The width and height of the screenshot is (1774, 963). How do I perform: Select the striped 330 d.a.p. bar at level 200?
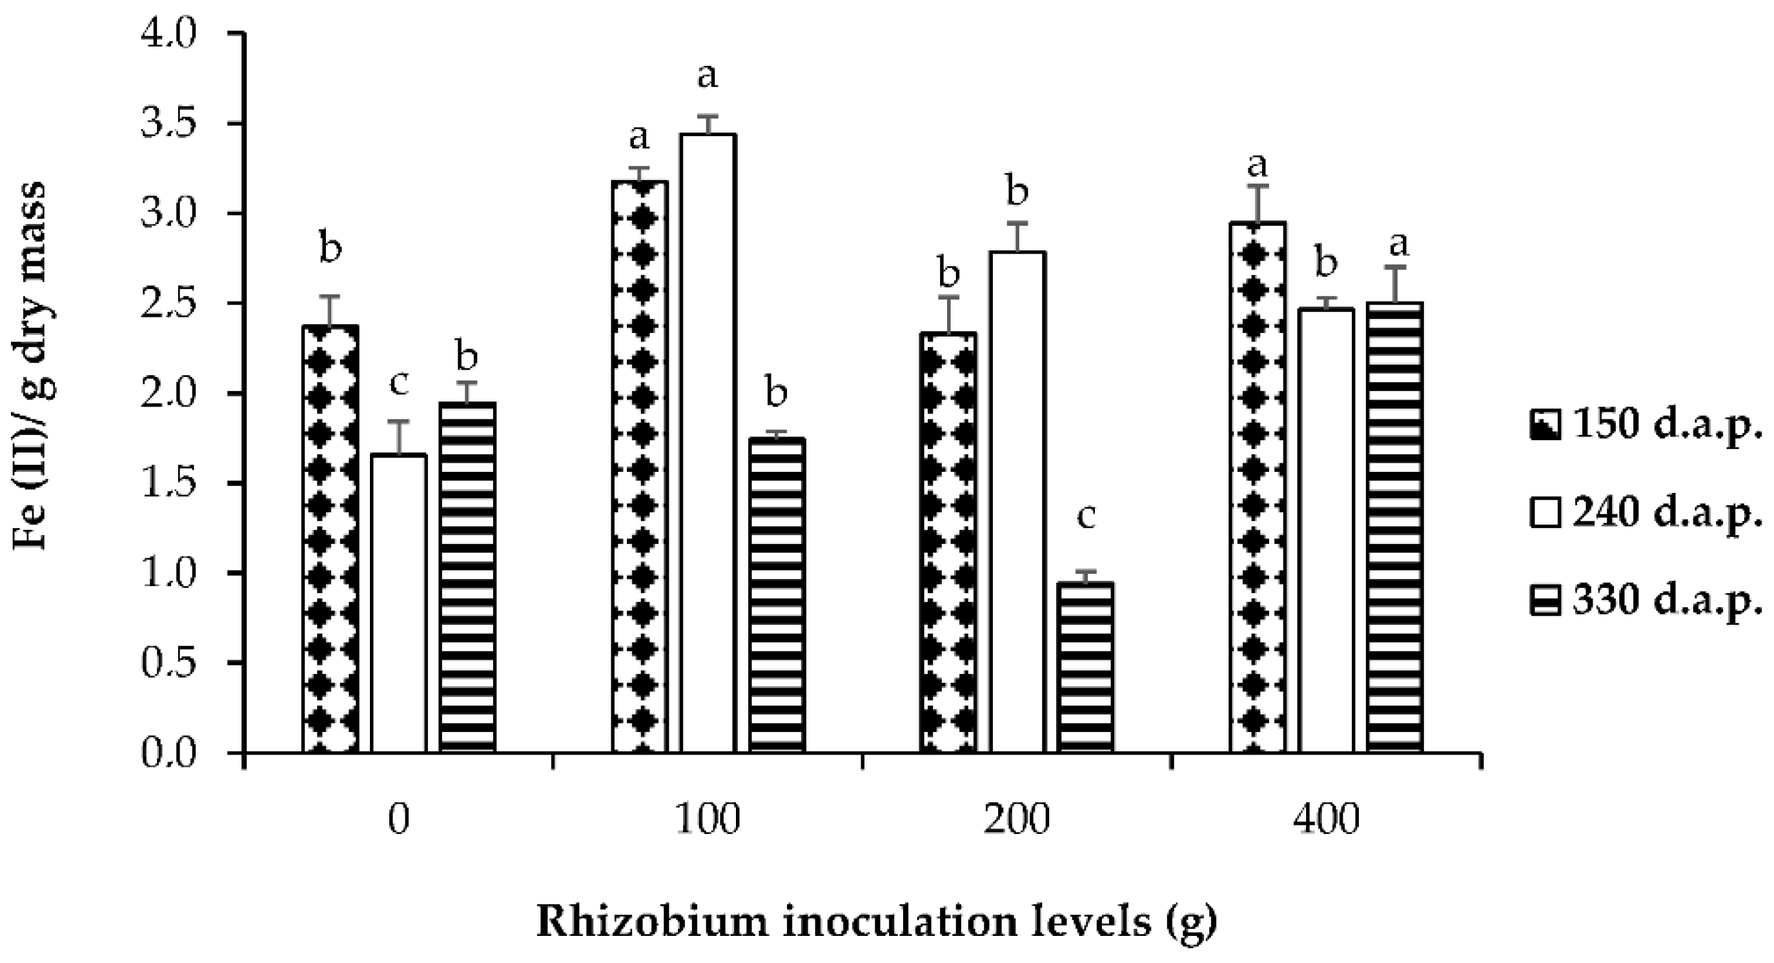(x=1085, y=667)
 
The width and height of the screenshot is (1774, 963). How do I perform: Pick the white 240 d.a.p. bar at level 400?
(x=1327, y=530)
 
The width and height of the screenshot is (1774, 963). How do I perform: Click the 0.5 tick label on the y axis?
(x=168, y=663)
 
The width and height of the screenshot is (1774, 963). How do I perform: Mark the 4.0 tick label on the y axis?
(x=168, y=34)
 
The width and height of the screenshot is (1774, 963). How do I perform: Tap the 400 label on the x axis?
(x=1326, y=820)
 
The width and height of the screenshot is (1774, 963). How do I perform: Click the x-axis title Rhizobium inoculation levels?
(x=876, y=922)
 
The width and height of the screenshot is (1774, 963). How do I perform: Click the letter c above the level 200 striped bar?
(x=1086, y=517)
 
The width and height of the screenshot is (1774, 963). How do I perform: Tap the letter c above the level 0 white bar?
(x=399, y=383)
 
